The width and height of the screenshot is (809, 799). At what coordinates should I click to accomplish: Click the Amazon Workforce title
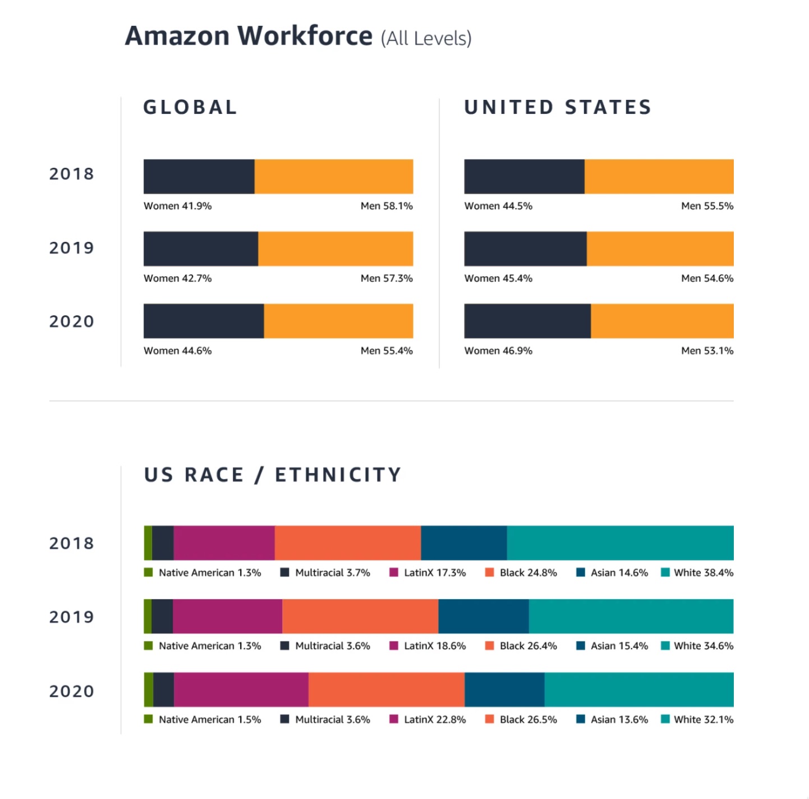[x=298, y=36]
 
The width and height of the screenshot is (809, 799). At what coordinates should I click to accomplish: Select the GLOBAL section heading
[x=190, y=107]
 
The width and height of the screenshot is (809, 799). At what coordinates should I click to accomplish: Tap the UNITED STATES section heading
[x=558, y=107]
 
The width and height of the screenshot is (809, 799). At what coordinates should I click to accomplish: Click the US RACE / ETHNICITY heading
[x=273, y=475]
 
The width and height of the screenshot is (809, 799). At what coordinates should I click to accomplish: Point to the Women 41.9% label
[x=177, y=206]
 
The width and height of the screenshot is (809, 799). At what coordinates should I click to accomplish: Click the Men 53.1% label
[x=707, y=351]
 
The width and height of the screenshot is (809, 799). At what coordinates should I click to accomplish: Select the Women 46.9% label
[x=498, y=351]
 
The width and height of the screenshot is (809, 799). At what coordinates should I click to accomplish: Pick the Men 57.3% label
[x=387, y=278]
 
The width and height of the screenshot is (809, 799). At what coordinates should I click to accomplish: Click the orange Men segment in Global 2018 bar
[x=334, y=177]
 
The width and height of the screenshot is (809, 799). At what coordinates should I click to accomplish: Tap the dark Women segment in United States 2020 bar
[x=527, y=321]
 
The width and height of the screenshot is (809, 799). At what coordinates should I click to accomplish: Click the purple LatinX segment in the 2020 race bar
[x=241, y=690]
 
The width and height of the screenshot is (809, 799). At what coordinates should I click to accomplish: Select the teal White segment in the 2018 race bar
[x=620, y=543]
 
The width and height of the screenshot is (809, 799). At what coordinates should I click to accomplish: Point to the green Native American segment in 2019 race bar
[x=148, y=616]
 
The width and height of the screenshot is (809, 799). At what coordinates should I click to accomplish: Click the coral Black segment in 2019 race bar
[x=360, y=616]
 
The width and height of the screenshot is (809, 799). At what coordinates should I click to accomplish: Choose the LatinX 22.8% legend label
[x=434, y=719]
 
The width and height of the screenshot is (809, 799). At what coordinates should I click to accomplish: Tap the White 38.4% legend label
[x=703, y=573]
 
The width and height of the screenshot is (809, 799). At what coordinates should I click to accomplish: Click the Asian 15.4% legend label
[x=619, y=646]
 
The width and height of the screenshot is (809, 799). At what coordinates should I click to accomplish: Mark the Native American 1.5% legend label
[x=209, y=719]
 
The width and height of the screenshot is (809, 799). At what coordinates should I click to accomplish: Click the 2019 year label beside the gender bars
[x=72, y=248]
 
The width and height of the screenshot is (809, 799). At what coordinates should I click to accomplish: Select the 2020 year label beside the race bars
[x=72, y=691]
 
